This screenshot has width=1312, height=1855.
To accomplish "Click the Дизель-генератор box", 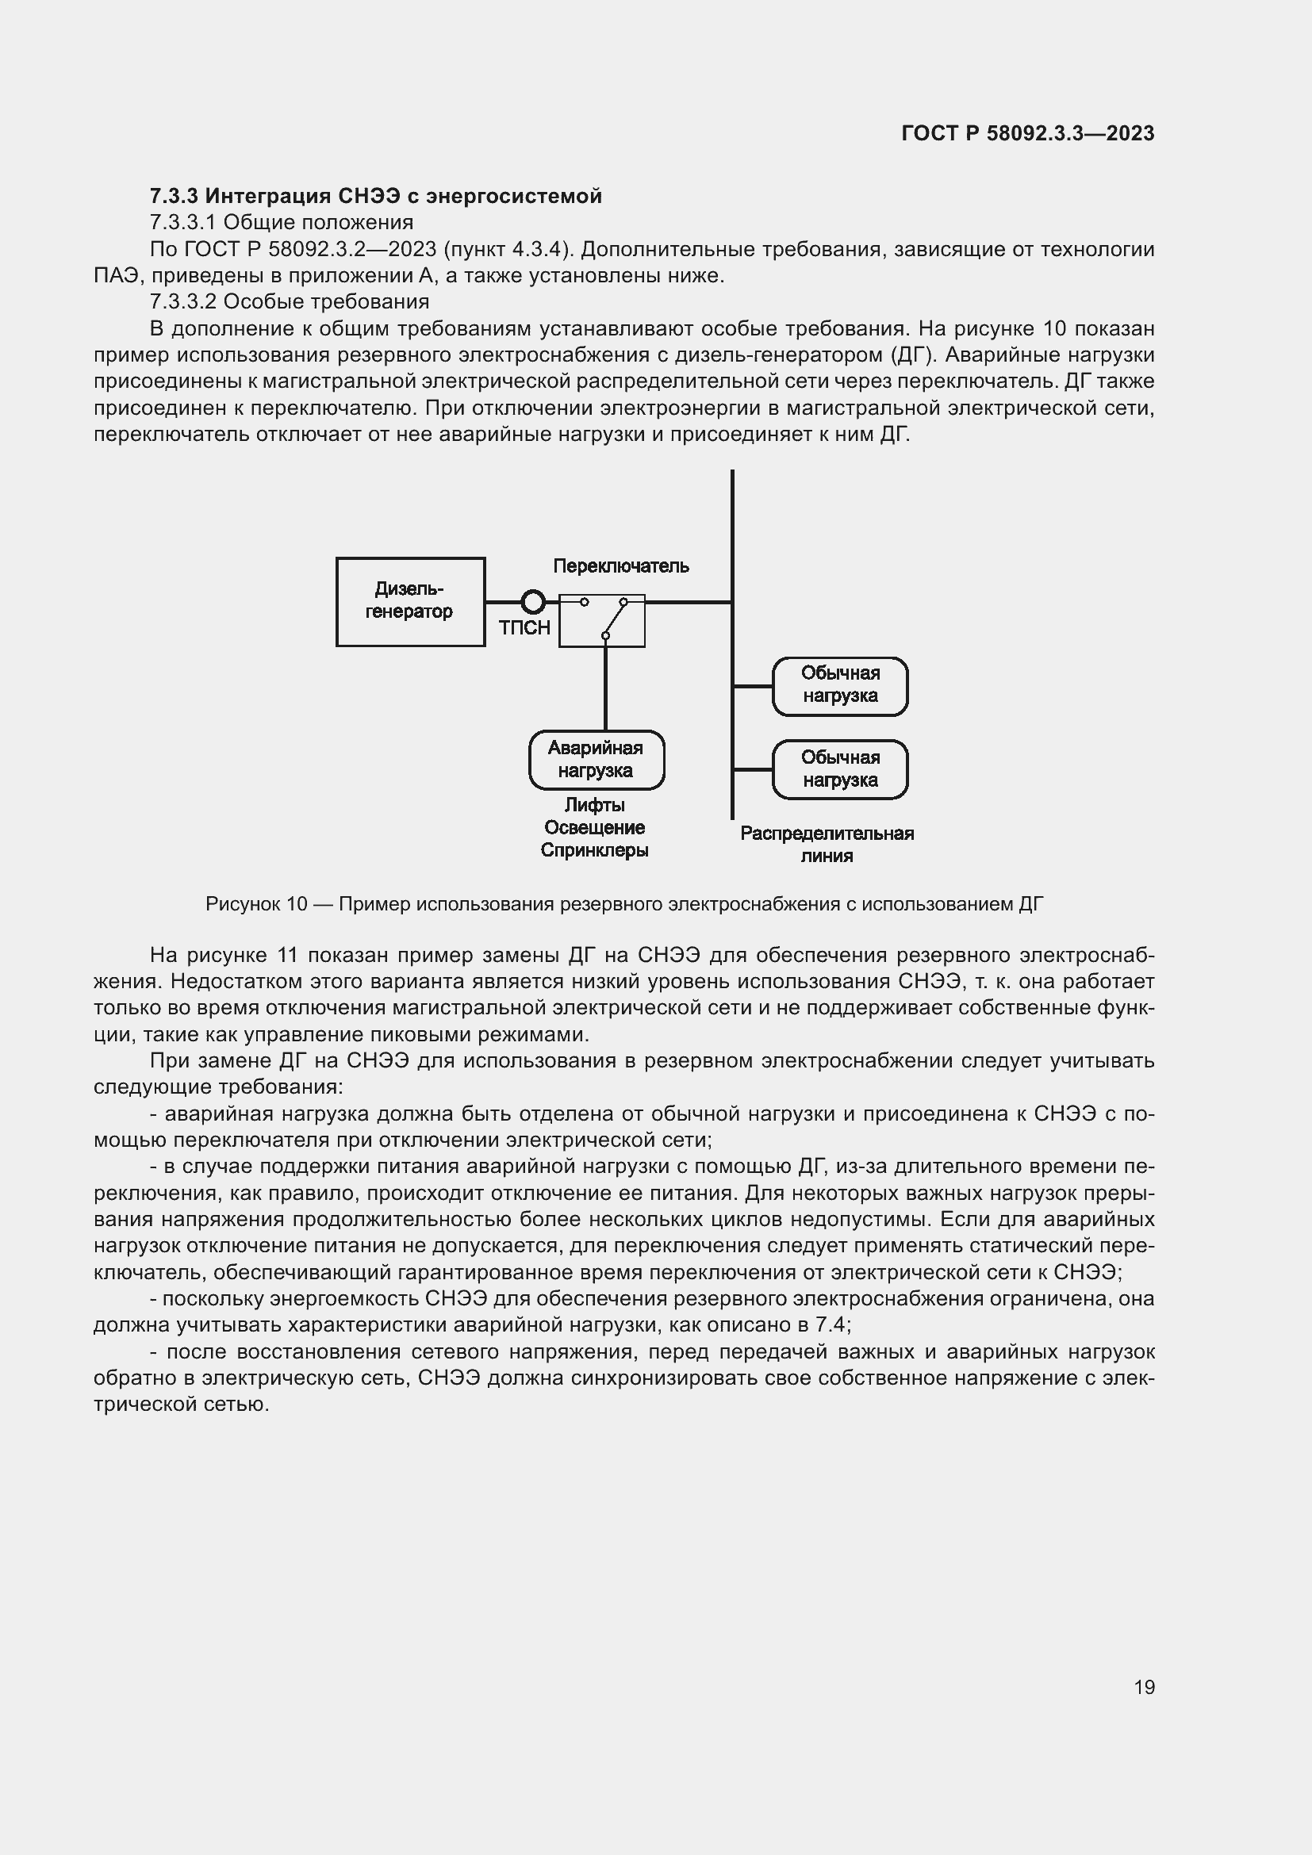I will pyautogui.click(x=410, y=602).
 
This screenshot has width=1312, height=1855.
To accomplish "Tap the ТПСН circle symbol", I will pyautogui.click(x=533, y=602).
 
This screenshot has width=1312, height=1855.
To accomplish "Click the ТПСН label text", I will pyautogui.click(x=524, y=629).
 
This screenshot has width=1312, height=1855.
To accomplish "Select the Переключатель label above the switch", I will pyautogui.click(x=620, y=566).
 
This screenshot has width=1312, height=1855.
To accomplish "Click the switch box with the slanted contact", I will pyautogui.click(x=602, y=620).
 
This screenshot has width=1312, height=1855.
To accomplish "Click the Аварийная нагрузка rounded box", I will pyautogui.click(x=597, y=760).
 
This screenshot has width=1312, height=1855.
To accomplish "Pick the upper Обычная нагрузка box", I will pyautogui.click(x=840, y=686).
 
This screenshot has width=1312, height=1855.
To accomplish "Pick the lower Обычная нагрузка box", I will pyautogui.click(x=840, y=769).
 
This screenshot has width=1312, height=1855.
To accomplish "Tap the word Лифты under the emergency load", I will pyautogui.click(x=595, y=806).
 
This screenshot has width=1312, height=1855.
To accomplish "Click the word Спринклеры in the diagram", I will pyautogui.click(x=595, y=851).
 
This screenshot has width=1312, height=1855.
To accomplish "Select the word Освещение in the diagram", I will pyautogui.click(x=595, y=828).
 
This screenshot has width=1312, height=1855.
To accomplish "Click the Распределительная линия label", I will pyautogui.click(x=827, y=845).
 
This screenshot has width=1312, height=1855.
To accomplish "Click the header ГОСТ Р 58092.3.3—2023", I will pyautogui.click(x=1027, y=133).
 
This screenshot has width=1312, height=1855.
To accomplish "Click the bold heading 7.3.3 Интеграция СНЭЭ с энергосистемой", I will pyautogui.click(x=376, y=197).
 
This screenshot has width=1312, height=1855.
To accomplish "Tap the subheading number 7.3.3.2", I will pyautogui.click(x=182, y=302).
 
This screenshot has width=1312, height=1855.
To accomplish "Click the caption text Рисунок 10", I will pyautogui.click(x=256, y=904).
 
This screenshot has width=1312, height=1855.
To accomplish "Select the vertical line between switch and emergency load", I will pyautogui.click(x=605, y=687).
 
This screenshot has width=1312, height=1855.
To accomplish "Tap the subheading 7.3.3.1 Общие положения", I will pyautogui.click(x=281, y=222).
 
